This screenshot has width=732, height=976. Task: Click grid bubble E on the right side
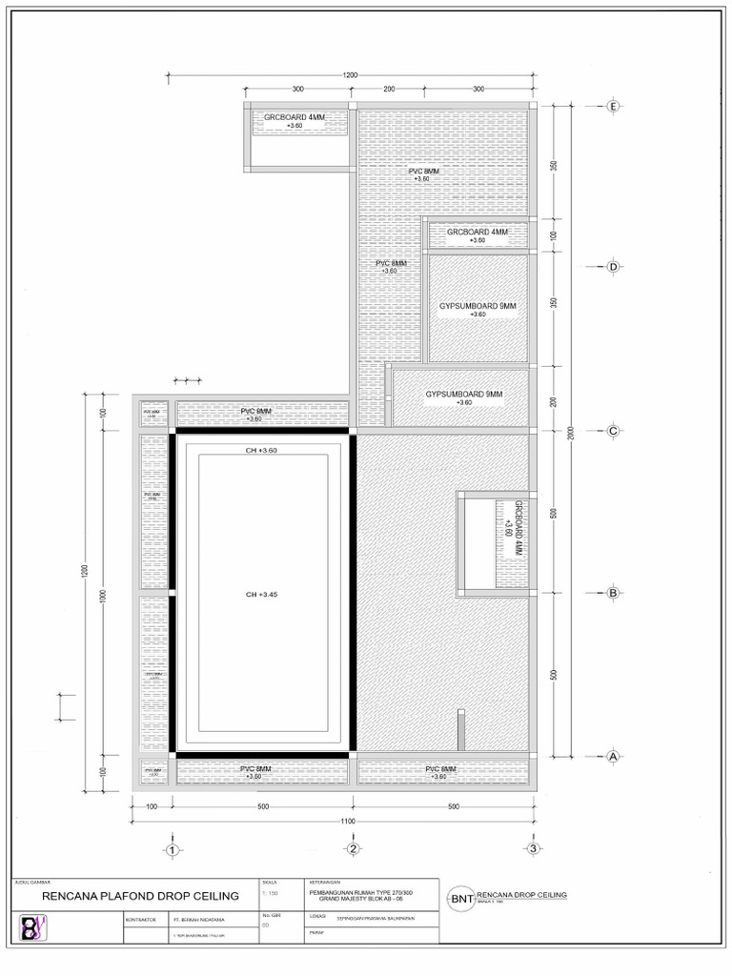click(x=614, y=107)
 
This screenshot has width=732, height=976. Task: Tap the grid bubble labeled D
click(x=614, y=268)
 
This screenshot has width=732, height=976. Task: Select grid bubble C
click(x=614, y=431)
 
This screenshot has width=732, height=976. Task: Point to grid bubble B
click(x=614, y=593)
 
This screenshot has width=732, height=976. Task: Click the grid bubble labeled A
click(x=614, y=757)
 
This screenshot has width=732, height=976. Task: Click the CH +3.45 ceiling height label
click(x=264, y=595)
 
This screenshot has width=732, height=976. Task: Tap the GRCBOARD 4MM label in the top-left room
click(x=295, y=117)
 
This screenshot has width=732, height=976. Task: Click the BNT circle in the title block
click(x=461, y=898)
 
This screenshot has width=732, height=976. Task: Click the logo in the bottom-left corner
click(x=31, y=928)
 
